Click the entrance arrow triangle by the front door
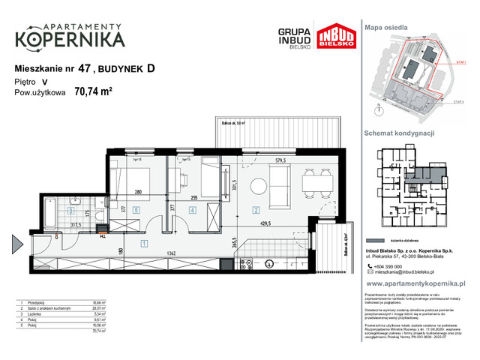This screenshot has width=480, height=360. pos(16,244)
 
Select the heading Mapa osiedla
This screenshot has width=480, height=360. pos(387,27)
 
